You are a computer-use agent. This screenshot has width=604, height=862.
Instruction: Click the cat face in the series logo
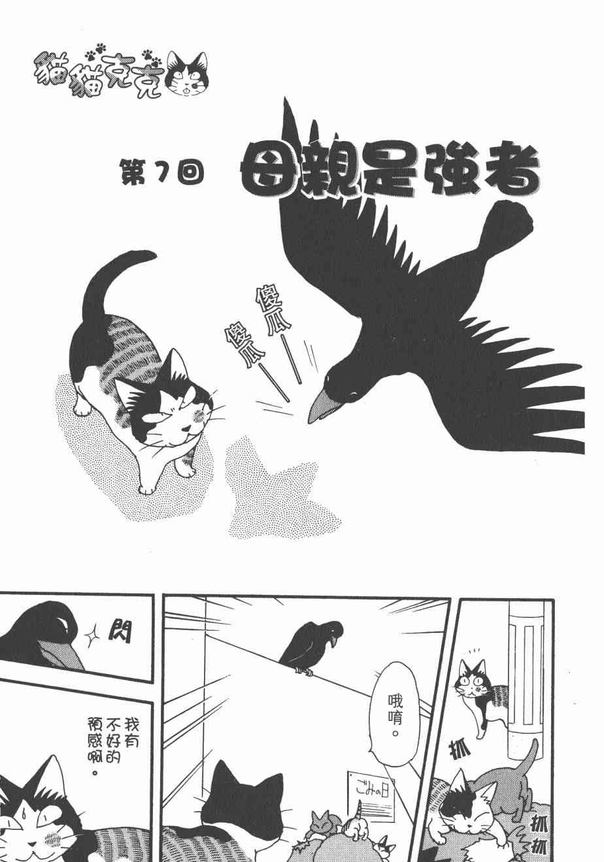pyautogui.click(x=187, y=74)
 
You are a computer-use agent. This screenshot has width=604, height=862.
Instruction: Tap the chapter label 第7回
pyautogui.click(x=162, y=172)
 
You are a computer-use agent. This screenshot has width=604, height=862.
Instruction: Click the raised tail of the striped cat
pyautogui.click(x=112, y=285)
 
